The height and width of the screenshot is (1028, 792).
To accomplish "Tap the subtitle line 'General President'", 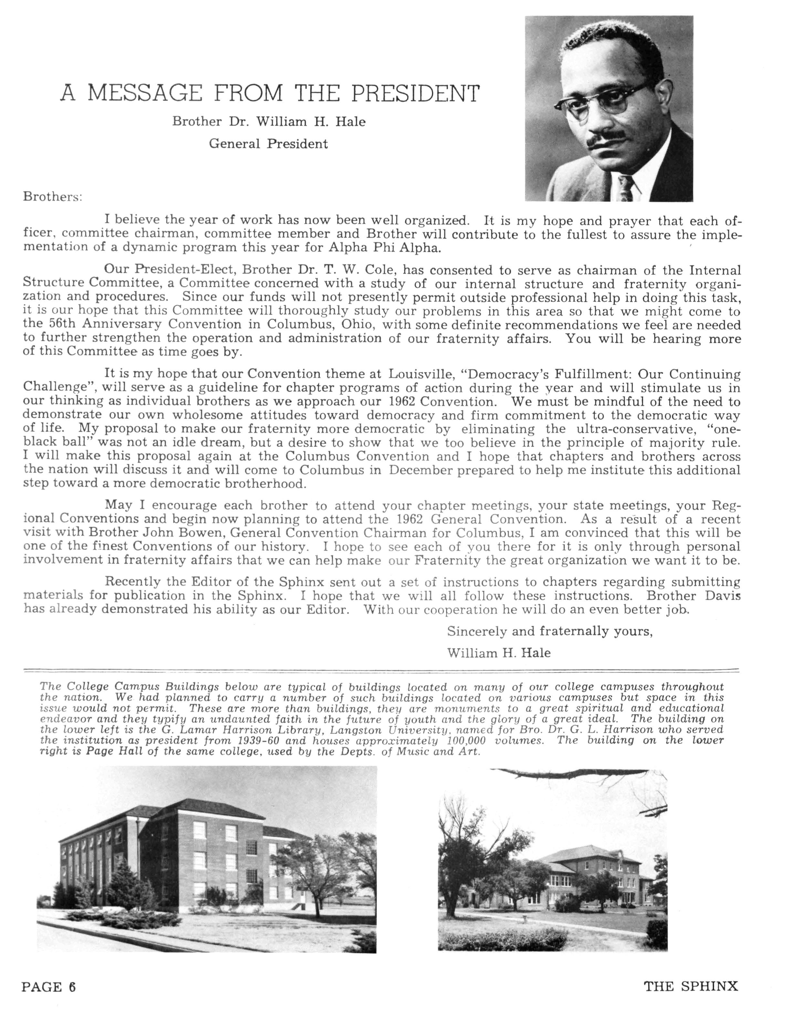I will tap(268, 144).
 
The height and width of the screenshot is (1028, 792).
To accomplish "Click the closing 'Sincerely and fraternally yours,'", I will tap(549, 631).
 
